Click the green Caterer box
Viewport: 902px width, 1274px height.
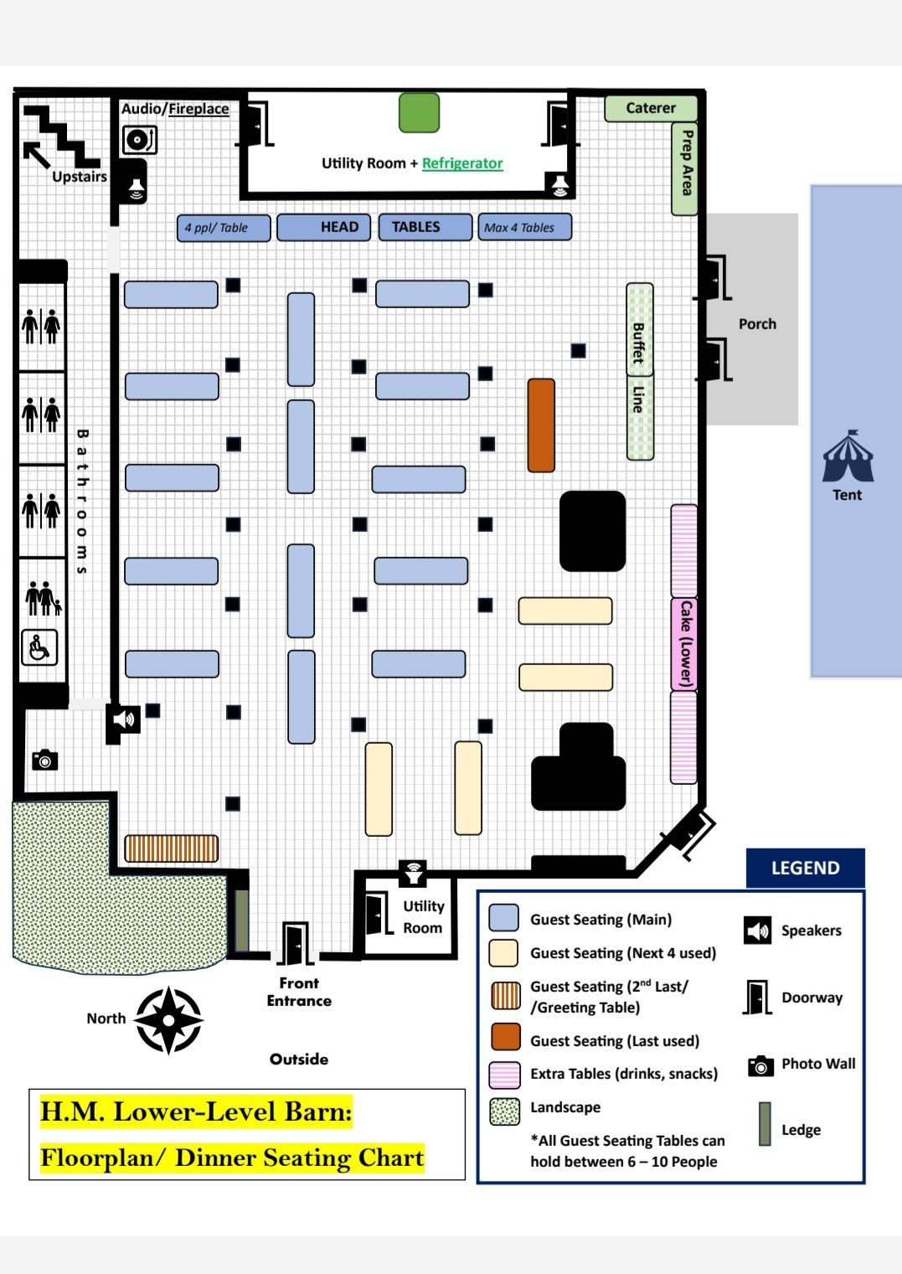651,108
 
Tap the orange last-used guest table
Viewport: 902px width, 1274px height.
541,425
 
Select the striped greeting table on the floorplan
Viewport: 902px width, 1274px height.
171,848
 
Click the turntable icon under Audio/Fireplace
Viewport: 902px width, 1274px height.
139,140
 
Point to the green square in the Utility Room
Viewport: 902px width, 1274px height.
419,112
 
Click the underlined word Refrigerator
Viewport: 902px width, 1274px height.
462,163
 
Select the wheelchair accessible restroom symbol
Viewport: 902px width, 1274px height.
39,647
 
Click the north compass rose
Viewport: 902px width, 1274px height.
168,1020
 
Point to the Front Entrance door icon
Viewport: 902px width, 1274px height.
296,943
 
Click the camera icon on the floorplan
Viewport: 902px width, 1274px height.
45,760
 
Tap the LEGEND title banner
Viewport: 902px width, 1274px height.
806,868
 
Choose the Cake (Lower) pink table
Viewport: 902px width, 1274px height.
684,643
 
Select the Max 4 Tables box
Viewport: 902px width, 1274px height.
525,228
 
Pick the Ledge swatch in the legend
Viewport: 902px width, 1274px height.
765,1124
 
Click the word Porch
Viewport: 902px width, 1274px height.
757,324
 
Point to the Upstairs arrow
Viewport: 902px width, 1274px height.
36,155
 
